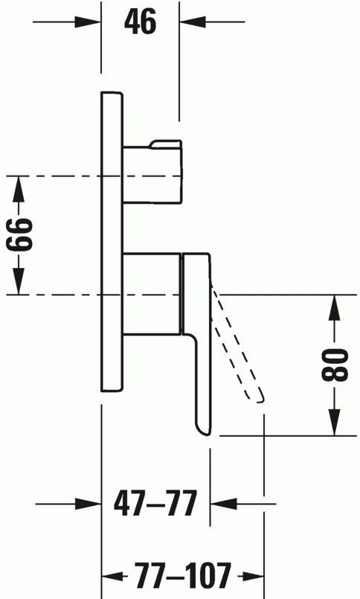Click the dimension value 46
[140, 22]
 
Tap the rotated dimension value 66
[19, 235]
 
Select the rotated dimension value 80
[335, 365]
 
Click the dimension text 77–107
[183, 575]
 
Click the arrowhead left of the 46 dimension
[88, 22]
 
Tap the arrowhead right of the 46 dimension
[193, 22]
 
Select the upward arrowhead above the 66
[19, 189]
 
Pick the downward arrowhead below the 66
[19, 281]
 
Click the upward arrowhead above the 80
[335, 308]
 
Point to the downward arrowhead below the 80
[335, 422]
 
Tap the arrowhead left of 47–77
[88, 504]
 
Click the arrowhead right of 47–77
[223, 504]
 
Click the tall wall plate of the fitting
[112, 241]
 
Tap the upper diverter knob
[152, 172]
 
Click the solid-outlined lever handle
[197, 343]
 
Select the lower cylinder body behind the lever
[152, 293]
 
